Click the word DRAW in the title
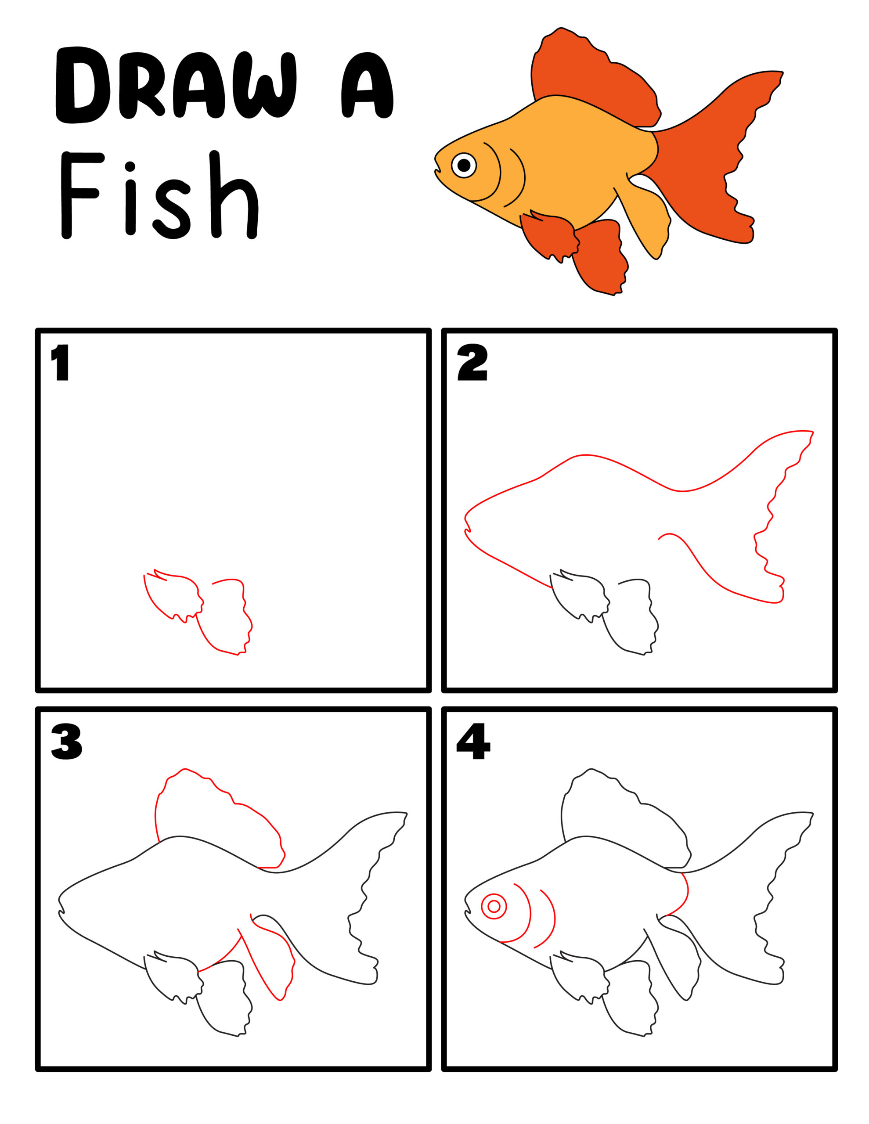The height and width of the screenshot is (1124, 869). tap(175, 85)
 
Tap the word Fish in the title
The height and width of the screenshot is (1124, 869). tap(159, 195)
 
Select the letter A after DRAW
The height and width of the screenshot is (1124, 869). tap(367, 85)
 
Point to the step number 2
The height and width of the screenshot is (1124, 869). tap(472, 363)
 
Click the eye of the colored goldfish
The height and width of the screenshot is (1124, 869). tap(464, 165)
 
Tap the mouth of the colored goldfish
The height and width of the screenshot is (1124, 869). tap(438, 170)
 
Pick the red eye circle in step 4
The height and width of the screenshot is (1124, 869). tap(494, 906)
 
